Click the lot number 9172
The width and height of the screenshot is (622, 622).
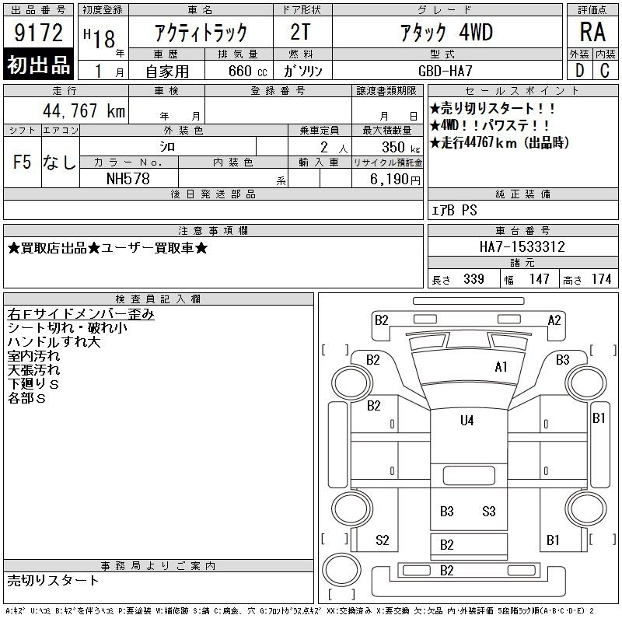(x=38, y=33)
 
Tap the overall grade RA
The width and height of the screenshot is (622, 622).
(x=592, y=32)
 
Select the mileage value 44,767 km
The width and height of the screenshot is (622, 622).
(x=84, y=110)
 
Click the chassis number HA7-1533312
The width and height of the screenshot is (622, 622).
(x=522, y=246)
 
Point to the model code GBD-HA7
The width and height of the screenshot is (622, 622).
(x=446, y=71)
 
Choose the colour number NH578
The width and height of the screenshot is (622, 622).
(x=128, y=179)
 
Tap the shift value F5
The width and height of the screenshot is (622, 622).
(x=22, y=162)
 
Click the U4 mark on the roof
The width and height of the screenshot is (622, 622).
(x=467, y=421)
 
